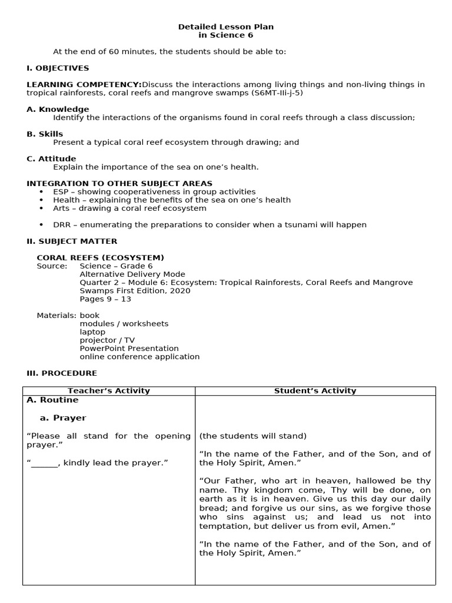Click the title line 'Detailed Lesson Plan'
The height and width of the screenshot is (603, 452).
226,27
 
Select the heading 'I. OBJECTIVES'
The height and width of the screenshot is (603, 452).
58,68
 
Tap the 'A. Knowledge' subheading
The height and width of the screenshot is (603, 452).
58,109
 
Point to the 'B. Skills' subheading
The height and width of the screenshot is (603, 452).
45,134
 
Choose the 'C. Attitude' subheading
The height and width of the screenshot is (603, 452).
51,159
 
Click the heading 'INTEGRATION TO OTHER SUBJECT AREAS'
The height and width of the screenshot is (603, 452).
119,184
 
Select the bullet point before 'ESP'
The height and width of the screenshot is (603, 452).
41,192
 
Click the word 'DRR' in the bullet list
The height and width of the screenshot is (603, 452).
62,225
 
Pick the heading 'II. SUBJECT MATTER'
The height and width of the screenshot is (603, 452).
72,241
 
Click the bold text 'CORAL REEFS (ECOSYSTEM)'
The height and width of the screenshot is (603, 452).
101,258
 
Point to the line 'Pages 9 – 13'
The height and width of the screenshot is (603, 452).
105,299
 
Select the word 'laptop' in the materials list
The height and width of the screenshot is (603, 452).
92,332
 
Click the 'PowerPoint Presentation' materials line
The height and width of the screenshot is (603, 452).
129,349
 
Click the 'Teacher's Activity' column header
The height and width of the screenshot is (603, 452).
109,391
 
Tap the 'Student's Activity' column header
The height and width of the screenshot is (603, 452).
315,391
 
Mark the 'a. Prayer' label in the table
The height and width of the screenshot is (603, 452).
62,418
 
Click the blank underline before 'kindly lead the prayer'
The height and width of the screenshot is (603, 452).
44,463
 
